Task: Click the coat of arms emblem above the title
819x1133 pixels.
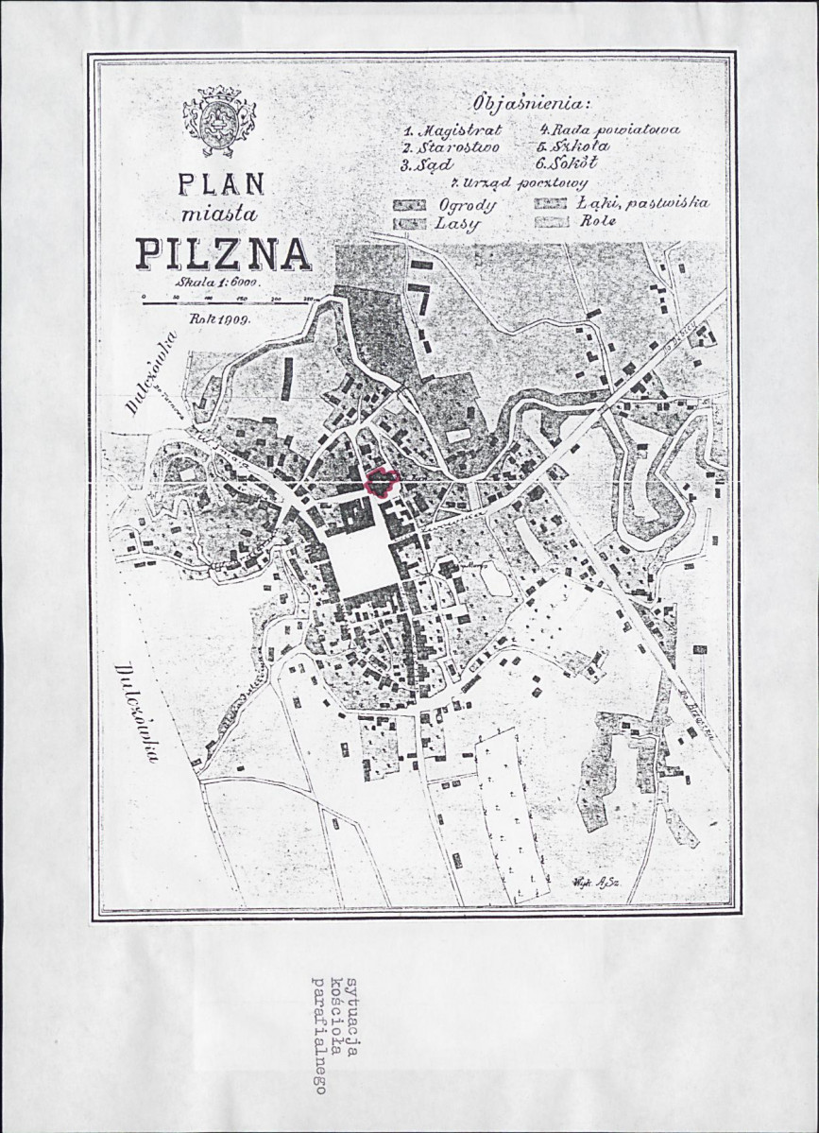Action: [219, 121]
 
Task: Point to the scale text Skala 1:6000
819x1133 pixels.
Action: [216, 281]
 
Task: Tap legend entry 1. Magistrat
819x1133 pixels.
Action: [452, 130]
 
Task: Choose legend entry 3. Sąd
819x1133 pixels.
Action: [429, 165]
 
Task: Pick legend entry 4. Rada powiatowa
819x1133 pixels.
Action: [609, 129]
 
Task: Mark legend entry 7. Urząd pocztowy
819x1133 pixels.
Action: [520, 183]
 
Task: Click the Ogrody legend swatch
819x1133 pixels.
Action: [410, 205]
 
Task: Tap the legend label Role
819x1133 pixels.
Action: [599, 222]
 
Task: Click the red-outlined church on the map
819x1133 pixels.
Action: [381, 483]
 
